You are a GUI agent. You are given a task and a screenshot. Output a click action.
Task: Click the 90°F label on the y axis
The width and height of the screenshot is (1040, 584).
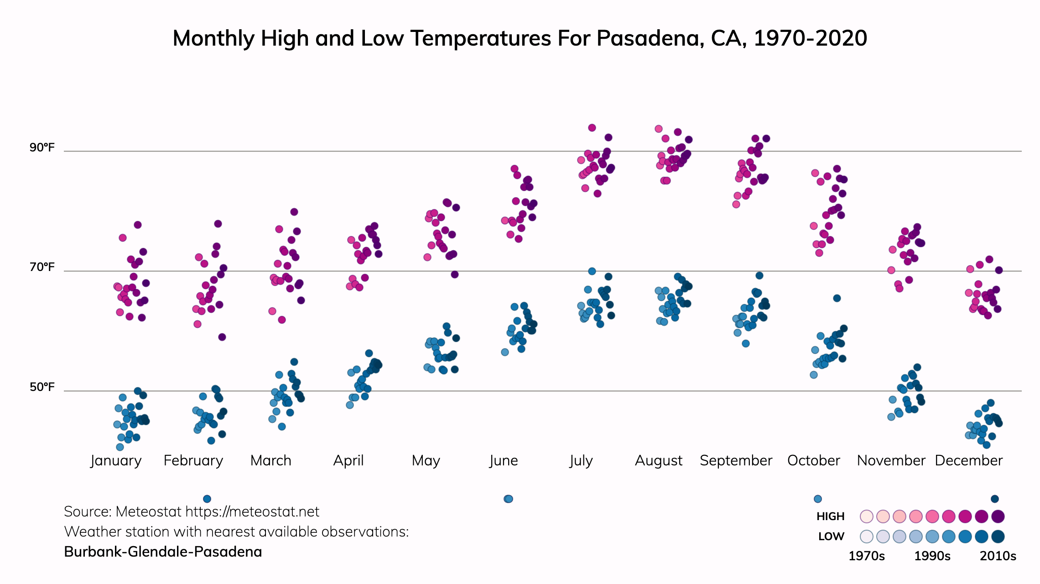(42, 148)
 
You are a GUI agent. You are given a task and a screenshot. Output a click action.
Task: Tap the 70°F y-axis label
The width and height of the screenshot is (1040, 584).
(42, 267)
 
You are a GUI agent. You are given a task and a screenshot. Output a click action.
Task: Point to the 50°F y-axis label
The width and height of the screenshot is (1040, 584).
(42, 387)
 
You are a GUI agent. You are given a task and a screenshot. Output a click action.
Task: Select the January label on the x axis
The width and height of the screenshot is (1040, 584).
(116, 460)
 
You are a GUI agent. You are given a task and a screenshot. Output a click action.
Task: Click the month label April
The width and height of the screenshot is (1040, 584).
(348, 460)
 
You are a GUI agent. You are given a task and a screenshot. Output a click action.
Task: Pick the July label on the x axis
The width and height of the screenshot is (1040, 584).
(581, 460)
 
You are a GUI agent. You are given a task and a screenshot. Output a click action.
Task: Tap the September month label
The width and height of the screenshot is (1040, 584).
(736, 460)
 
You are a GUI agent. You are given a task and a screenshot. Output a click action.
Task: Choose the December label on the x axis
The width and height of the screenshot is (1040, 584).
(968, 460)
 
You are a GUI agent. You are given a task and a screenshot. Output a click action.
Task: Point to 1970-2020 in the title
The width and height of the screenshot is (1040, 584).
(810, 38)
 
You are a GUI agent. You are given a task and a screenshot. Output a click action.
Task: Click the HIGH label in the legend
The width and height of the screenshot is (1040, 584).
(830, 516)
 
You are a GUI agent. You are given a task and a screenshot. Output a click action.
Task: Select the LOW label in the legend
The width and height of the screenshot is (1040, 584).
(831, 537)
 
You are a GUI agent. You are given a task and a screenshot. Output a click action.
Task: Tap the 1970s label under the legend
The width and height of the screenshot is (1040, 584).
(866, 556)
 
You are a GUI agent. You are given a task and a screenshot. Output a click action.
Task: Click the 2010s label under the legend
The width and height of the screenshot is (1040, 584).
(998, 556)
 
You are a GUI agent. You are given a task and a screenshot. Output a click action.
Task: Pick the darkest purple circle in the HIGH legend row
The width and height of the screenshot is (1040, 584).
(998, 516)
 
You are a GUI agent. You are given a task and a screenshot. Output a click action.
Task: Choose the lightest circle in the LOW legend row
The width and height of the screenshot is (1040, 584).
(867, 537)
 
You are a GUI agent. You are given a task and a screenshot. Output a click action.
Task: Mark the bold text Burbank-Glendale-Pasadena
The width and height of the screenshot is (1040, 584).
(163, 552)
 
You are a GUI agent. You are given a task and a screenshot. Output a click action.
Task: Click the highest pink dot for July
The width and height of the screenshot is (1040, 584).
(592, 128)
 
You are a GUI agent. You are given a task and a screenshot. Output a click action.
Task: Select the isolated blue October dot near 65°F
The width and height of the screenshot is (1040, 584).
(837, 298)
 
